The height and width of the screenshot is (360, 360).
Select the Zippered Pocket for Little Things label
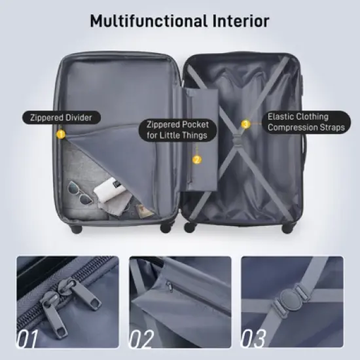177,130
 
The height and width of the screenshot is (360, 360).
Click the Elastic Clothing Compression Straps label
306,122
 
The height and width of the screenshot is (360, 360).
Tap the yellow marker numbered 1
60,134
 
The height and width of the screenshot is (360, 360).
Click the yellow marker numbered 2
196,159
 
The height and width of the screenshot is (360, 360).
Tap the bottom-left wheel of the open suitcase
76,230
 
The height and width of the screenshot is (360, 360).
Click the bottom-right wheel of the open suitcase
286,228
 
